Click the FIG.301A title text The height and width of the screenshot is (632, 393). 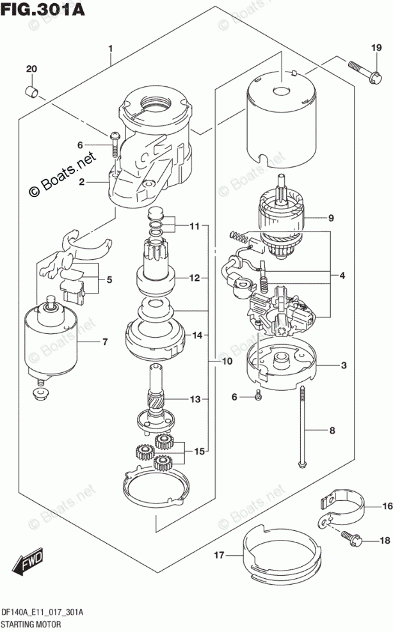[43, 10]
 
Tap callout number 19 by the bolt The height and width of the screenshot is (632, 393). [376, 48]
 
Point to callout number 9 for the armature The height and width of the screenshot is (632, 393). [331, 218]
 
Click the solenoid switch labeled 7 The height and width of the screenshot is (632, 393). [51, 338]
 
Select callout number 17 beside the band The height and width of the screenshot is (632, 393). [219, 555]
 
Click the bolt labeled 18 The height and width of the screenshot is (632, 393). [351, 538]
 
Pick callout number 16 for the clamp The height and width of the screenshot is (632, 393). [387, 506]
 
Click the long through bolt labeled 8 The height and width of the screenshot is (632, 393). [303, 428]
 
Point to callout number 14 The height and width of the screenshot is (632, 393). [197, 335]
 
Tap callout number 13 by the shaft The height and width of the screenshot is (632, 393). [195, 399]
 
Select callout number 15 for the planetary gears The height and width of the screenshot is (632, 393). [199, 451]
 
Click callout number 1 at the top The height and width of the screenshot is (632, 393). [110, 49]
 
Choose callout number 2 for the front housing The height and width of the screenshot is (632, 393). [82, 182]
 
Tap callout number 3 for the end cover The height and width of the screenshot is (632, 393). [343, 366]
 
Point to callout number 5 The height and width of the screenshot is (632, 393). [109, 280]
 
